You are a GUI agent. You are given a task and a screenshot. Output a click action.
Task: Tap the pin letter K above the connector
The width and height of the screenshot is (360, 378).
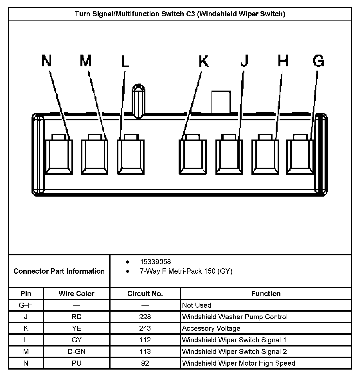pos(204,61)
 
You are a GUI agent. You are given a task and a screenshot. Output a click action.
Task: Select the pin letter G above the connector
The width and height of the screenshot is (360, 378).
pos(318,61)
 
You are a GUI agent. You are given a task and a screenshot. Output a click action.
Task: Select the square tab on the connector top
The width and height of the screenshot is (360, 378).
pos(221,102)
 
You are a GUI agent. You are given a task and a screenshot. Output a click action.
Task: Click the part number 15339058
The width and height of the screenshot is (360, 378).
pos(155,262)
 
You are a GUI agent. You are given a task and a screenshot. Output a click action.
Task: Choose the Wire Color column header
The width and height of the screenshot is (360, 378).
pos(76,294)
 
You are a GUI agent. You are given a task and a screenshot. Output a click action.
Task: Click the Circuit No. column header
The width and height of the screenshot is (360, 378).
pos(145,294)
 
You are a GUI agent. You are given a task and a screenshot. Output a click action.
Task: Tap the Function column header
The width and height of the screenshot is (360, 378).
pos(266,294)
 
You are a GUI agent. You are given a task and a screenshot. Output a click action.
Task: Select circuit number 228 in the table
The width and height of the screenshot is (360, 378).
pos(145,317)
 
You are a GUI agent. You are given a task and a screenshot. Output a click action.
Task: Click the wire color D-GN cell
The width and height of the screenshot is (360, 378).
pos(76,352)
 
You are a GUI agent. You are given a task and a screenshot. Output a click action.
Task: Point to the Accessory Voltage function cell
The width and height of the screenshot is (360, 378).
pos(211,328)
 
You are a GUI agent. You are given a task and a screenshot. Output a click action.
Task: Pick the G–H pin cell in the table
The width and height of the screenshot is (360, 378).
pos(26,305)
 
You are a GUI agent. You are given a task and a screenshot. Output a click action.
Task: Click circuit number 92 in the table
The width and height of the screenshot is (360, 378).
pos(145,363)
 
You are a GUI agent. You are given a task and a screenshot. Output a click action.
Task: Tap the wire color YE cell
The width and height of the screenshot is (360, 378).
pos(76,328)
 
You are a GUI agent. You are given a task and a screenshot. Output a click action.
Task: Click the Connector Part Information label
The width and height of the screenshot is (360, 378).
pos(59,271)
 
